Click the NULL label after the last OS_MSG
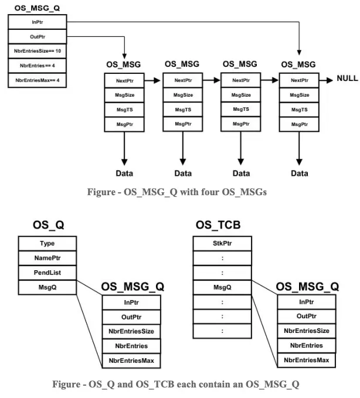[x=347, y=78]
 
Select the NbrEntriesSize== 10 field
[x=38, y=51]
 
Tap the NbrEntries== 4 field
[x=38, y=66]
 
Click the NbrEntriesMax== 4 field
[x=38, y=80]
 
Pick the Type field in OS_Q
[x=47, y=243]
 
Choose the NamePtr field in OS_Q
[x=47, y=258]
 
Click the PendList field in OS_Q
[x=47, y=273]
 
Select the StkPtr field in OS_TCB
[x=222, y=243]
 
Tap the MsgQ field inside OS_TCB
[x=222, y=287]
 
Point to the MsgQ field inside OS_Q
[x=47, y=287]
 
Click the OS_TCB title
[x=218, y=225]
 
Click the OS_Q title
[x=48, y=225]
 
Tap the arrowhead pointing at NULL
[x=330, y=80]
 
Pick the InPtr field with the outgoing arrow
[x=38, y=22]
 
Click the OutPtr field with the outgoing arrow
[x=38, y=37]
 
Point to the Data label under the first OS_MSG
[x=124, y=174]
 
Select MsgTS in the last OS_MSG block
[x=300, y=110]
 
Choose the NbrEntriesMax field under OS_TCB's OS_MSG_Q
[x=307, y=360]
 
